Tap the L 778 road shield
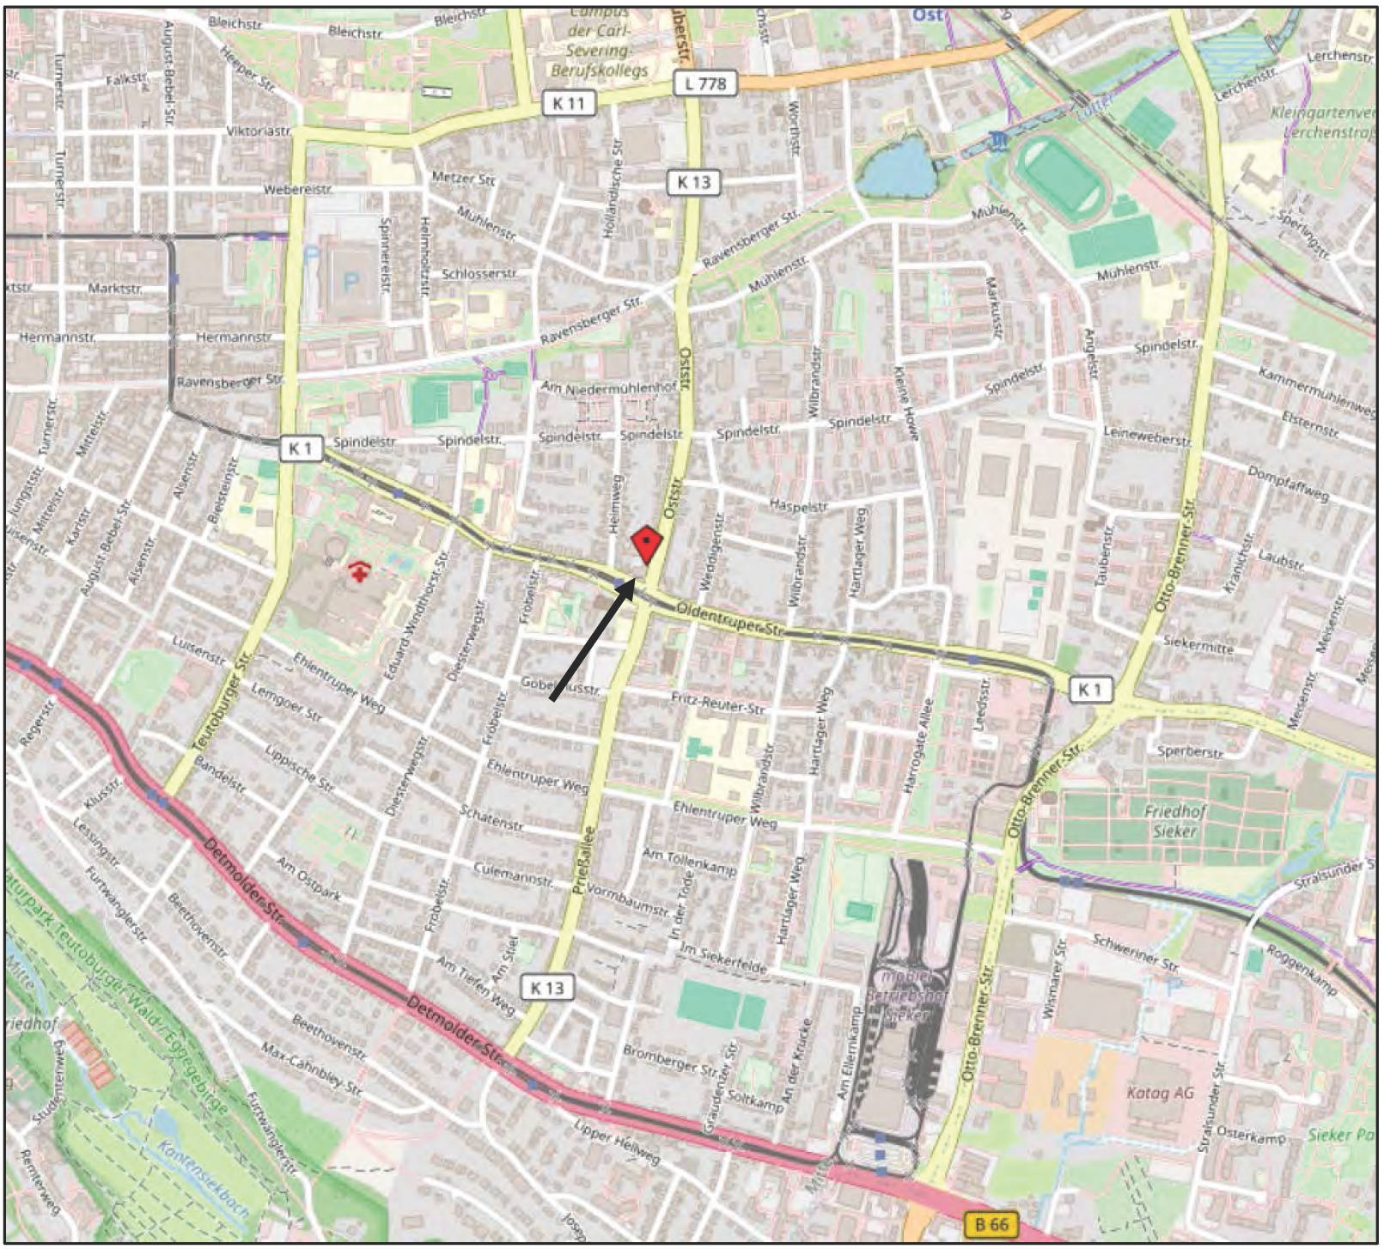click(705, 83)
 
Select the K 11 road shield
click(568, 104)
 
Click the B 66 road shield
click(991, 1224)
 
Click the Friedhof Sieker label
click(1174, 821)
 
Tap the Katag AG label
click(1160, 1094)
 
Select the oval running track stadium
click(1062, 178)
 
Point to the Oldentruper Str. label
click(730, 619)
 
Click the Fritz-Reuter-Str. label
click(717, 705)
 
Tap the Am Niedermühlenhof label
click(608, 388)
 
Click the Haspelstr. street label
click(798, 507)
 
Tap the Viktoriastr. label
click(258, 131)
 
